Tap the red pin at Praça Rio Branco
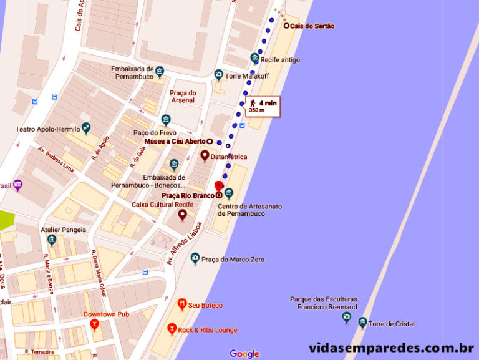[218, 187]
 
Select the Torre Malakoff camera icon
[218, 75]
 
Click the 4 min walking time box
[263, 105]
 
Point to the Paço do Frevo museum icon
[165, 120]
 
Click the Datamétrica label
[230, 157]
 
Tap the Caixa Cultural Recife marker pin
[183, 215]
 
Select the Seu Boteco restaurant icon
[181, 304]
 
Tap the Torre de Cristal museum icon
[362, 322]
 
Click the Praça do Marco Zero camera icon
[195, 258]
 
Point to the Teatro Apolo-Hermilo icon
[86, 128]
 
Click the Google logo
[244, 354]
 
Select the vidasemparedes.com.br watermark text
[392, 347]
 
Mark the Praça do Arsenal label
[182, 97]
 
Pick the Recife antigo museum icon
[254, 59]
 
